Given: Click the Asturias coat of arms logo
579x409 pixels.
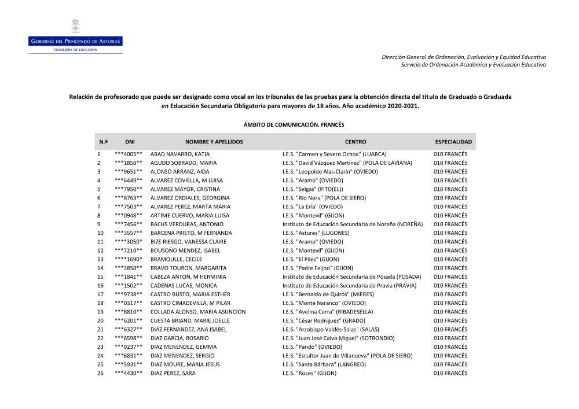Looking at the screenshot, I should (75, 27).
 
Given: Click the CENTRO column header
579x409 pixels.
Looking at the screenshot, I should (356, 142).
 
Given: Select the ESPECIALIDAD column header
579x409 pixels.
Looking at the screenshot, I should (453, 142).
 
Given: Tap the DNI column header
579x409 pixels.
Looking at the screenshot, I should (130, 142).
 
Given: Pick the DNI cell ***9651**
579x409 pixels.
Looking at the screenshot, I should (129, 172).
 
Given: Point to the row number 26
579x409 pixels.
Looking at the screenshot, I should (100, 373).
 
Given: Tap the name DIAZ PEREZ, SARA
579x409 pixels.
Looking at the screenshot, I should (173, 373).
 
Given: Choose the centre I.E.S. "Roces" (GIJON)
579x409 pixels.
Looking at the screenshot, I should (309, 373).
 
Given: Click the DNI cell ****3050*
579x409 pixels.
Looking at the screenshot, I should (129, 242).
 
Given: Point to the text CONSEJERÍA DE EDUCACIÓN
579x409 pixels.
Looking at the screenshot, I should (75, 50).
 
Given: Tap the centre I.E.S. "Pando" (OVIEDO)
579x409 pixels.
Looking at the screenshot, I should (313, 347).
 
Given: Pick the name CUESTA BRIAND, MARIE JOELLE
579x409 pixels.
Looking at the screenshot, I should (190, 320).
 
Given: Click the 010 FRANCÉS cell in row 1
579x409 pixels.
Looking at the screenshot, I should (450, 154).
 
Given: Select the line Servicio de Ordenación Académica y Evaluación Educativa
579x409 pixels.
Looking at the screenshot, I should (473, 64).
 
